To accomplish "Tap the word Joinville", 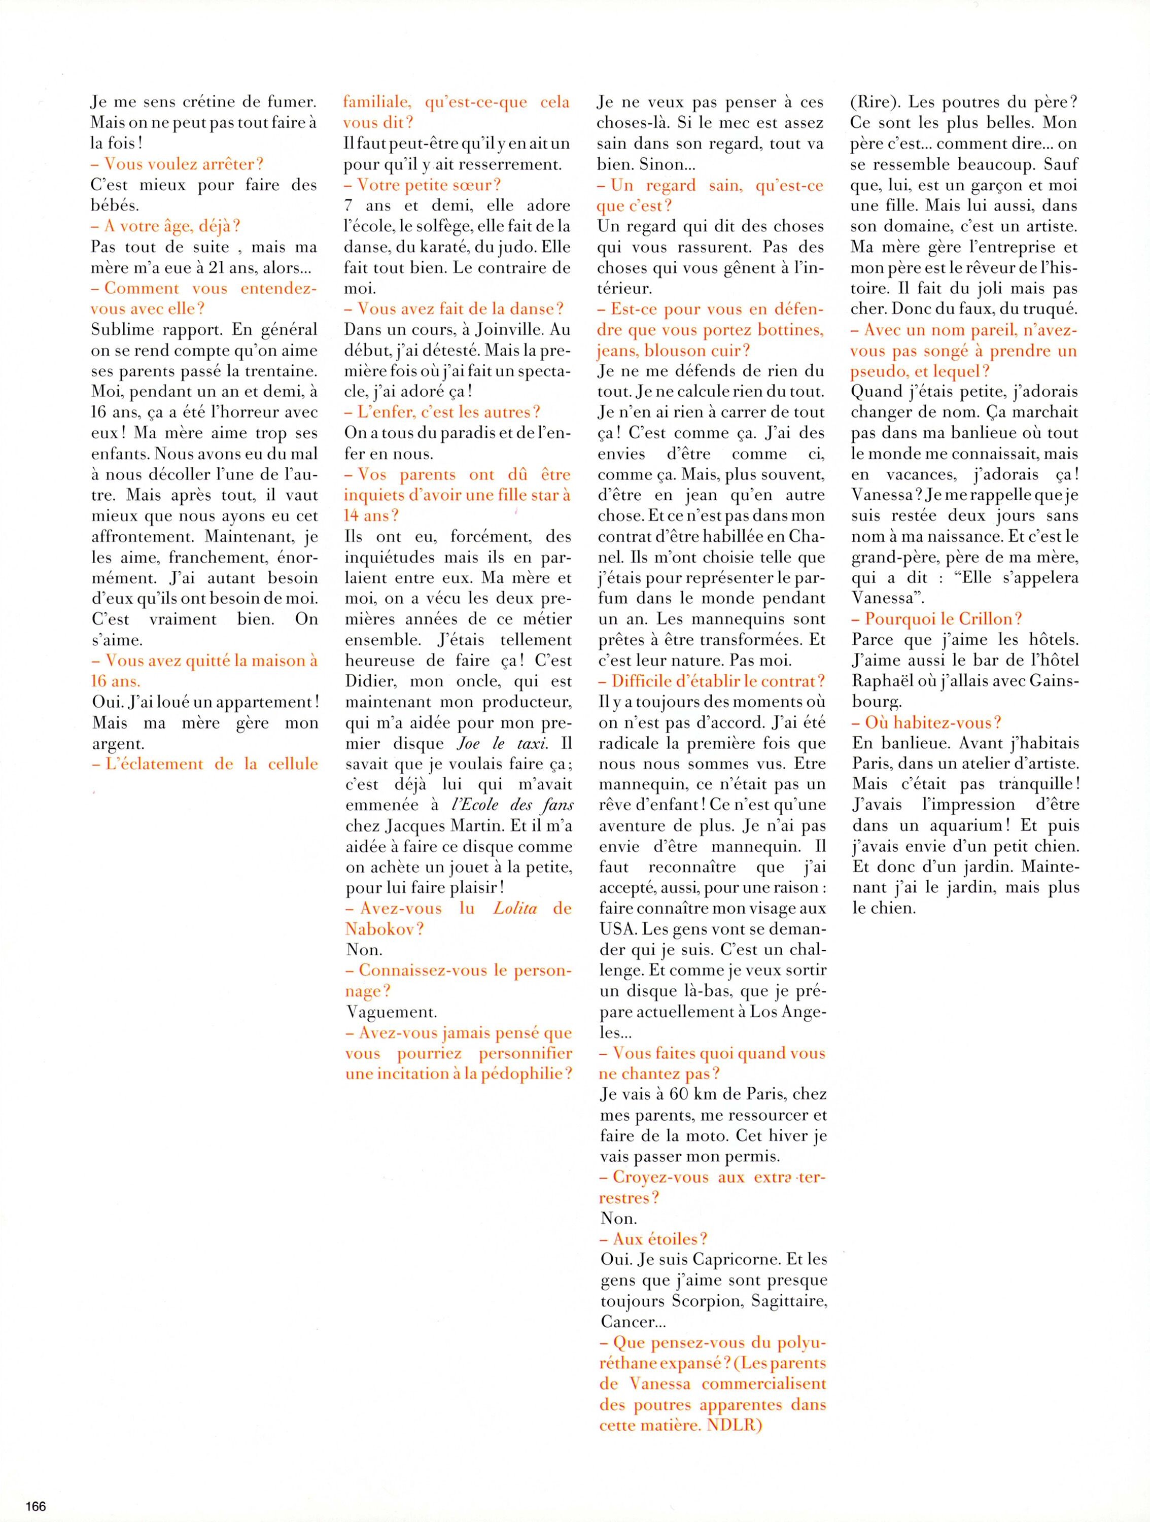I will (490, 330).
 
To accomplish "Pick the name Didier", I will (371, 681).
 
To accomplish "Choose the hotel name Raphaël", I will (883, 681).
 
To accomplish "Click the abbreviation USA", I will (616, 929).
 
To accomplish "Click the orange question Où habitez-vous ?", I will (926, 722).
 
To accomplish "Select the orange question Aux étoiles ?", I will (653, 1239).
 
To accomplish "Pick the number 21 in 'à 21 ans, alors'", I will (207, 268).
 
